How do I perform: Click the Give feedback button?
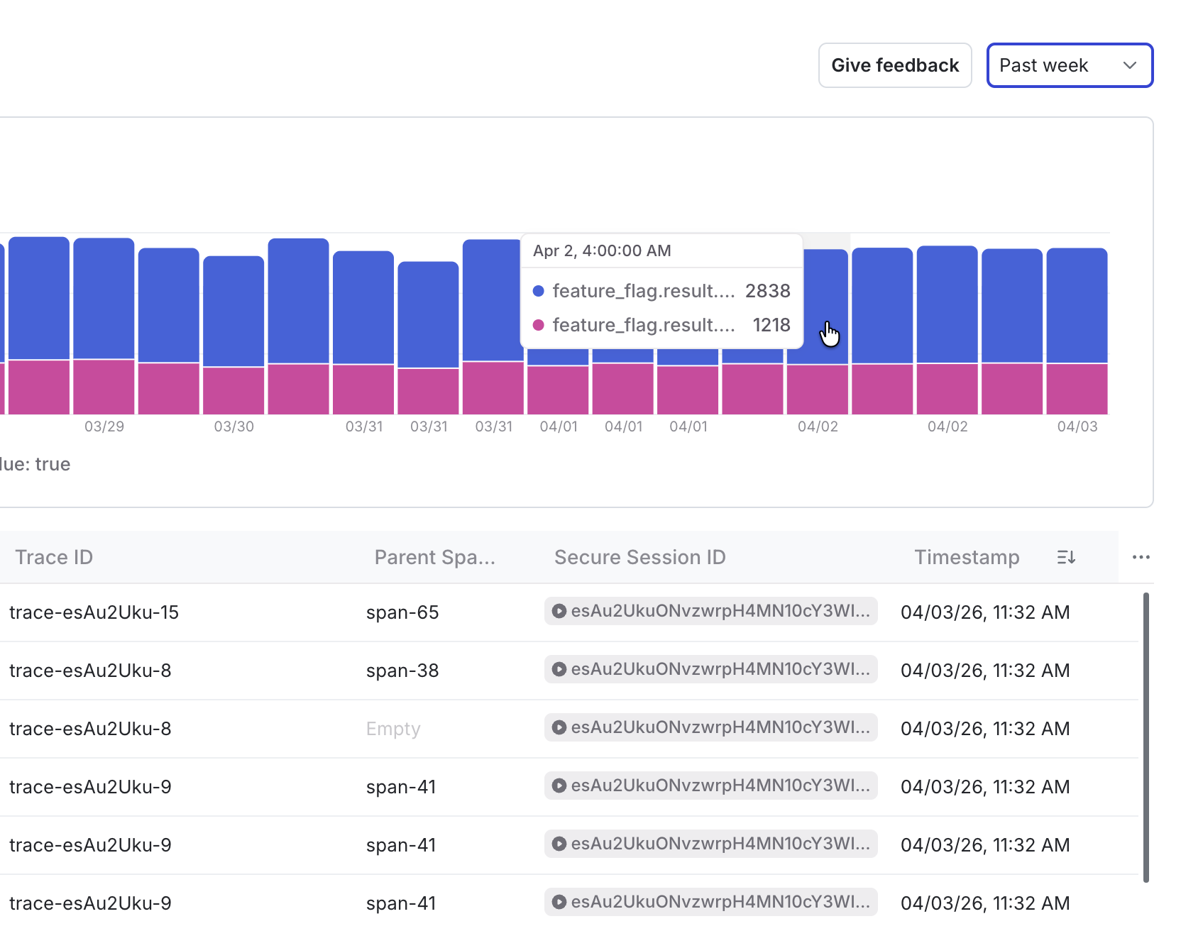(894, 65)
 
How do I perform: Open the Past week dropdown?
(1069, 65)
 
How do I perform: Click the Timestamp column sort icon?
(1066, 557)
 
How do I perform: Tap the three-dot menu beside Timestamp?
(1141, 557)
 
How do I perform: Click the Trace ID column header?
(54, 557)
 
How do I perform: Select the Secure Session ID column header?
(639, 557)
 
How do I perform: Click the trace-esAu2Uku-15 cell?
(94, 612)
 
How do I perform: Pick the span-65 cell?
(402, 612)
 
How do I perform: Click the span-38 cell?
(402, 671)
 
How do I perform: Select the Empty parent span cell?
(393, 729)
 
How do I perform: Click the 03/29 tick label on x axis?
(104, 426)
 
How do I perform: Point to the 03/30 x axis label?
(234, 426)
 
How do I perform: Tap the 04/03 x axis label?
(1077, 426)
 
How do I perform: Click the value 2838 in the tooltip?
(767, 291)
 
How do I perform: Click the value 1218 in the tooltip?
(771, 325)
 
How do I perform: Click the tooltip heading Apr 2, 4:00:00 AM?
(602, 250)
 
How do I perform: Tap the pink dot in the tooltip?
(539, 325)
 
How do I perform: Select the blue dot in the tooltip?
(539, 291)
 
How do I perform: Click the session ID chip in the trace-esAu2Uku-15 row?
(710, 611)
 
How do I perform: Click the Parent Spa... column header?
(434, 557)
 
